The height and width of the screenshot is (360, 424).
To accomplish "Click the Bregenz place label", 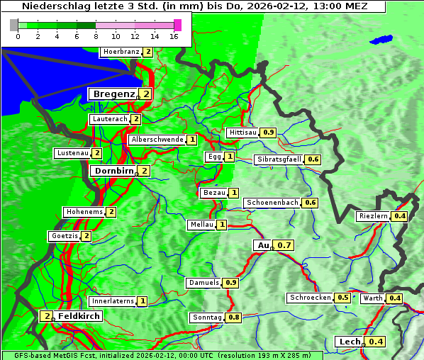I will click(113, 94).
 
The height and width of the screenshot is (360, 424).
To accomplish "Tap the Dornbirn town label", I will click(113, 171).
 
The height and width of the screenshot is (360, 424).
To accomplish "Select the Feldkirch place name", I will click(79, 315).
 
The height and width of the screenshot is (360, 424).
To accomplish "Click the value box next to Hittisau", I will click(269, 133).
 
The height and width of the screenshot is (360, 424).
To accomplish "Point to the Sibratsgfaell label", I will click(279, 159).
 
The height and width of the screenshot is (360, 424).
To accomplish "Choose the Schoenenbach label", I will click(272, 203).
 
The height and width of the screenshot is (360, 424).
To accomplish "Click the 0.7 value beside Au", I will click(284, 245).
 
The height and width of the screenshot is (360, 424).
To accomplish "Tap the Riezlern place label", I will click(374, 216).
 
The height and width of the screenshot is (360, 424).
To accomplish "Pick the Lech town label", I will click(350, 342).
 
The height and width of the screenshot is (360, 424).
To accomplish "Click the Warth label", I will click(372, 298).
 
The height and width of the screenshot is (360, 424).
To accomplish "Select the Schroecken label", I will click(310, 298).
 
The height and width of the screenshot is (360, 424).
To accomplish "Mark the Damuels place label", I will click(203, 283).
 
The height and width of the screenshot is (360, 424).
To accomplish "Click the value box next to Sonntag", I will click(234, 317).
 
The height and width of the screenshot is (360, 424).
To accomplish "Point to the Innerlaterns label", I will click(113, 301).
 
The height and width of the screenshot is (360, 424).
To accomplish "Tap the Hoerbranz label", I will click(120, 52).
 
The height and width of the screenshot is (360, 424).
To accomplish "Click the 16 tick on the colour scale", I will click(174, 37).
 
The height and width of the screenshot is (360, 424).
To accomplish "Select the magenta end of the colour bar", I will click(177, 25).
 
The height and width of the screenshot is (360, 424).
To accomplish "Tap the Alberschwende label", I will click(157, 140).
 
